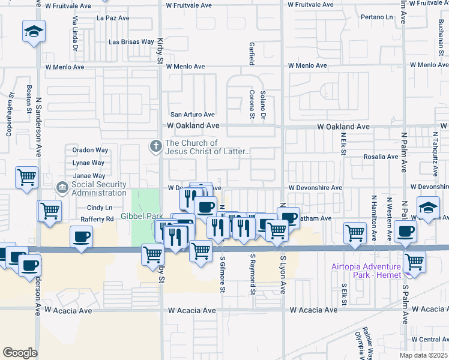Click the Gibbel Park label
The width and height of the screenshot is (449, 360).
coord(142,215)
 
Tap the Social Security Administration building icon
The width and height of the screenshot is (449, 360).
coord(62,188)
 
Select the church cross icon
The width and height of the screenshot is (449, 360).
coord(155,145)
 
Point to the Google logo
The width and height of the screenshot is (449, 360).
coord(20,353)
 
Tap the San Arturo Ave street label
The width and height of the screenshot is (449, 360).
coord(193,115)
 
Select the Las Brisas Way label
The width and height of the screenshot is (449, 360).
coord(131,42)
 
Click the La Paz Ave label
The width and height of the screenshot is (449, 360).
coord(113,18)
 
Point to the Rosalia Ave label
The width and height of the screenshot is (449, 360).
coord(381,157)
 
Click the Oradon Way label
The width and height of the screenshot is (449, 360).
coord(89,150)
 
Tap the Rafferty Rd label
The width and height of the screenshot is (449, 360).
coord(101,219)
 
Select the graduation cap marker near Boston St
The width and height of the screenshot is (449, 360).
coord(34,31)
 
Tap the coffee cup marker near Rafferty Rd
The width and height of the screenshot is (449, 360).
coord(82,236)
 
